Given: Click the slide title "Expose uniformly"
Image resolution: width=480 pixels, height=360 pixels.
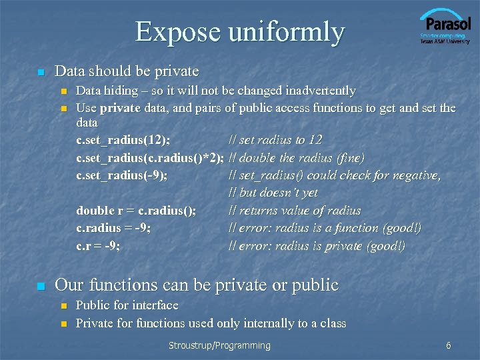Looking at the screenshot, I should coord(240,32).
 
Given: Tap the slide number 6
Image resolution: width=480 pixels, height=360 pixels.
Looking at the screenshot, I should coord(449,345).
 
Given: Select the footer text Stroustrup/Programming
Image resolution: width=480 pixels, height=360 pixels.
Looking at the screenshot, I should coord(219,345).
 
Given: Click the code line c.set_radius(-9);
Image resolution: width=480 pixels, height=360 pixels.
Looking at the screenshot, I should coord(121,175).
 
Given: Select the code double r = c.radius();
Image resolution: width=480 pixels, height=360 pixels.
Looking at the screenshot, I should coord(136,211).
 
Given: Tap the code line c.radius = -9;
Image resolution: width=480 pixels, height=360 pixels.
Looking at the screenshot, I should coord(113,228).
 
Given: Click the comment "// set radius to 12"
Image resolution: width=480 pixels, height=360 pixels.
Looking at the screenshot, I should coord(275,140).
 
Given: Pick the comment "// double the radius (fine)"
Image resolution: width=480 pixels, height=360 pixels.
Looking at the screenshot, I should coord(296,158).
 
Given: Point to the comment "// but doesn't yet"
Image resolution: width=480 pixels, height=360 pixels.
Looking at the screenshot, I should coord(273,193).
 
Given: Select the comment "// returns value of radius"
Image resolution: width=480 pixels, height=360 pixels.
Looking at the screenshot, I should coord(294,211).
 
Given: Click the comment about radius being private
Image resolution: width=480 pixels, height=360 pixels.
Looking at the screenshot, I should coord(316,246).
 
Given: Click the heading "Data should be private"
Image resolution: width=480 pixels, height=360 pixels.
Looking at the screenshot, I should coord(127,71).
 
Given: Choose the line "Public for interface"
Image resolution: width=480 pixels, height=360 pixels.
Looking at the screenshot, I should coord(127,305).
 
